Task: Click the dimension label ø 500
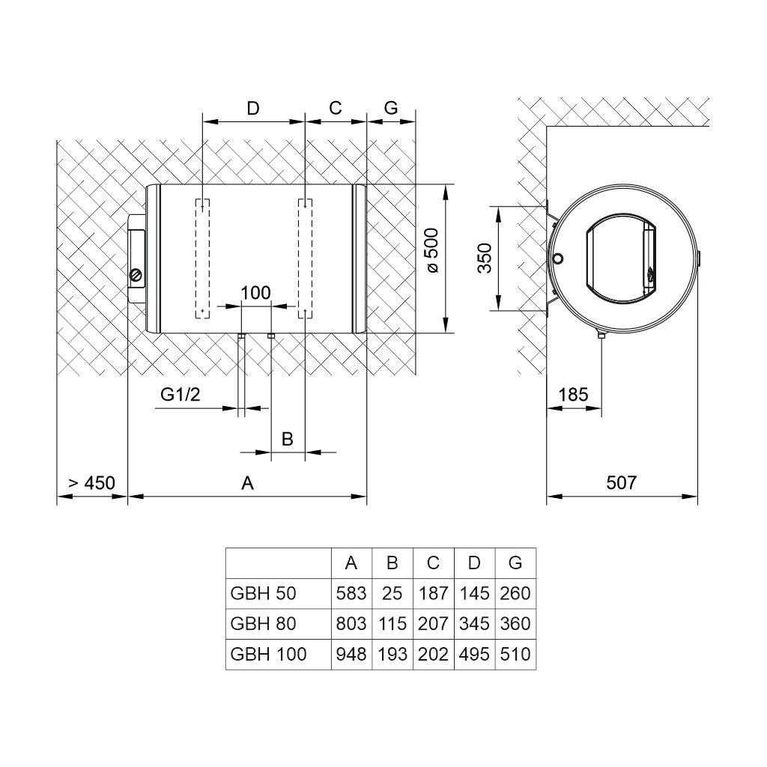click(x=432, y=250)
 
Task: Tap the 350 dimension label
click(x=485, y=258)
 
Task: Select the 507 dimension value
click(x=621, y=483)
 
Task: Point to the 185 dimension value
click(x=573, y=394)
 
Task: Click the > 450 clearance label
click(x=91, y=483)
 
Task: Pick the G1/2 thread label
click(x=181, y=394)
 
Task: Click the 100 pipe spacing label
click(x=255, y=293)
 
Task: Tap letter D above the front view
click(x=253, y=108)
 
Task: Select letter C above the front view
click(x=335, y=108)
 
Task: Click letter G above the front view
click(x=391, y=108)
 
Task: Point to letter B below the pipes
click(x=287, y=439)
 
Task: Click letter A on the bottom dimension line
click(x=247, y=483)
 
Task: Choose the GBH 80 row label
click(x=263, y=624)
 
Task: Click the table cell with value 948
click(x=351, y=654)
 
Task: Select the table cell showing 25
click(x=392, y=593)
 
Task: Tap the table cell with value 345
click(x=474, y=624)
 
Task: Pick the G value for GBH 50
click(x=515, y=593)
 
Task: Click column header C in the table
click(x=433, y=563)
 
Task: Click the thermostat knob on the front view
click(x=136, y=276)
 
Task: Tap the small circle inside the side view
click(x=557, y=258)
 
